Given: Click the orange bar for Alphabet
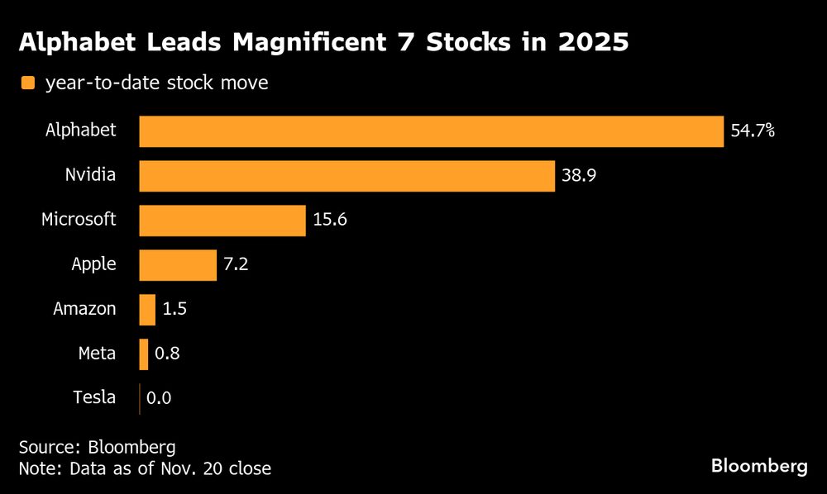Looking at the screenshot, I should [x=431, y=131].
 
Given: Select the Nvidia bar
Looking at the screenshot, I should [x=347, y=176].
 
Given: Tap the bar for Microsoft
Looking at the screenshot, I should [x=222, y=221].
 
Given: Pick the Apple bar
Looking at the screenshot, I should [x=177, y=265].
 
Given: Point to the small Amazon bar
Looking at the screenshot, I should [x=147, y=310].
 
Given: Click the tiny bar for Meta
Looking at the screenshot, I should [x=144, y=354].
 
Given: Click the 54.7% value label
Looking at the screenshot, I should [x=753, y=131].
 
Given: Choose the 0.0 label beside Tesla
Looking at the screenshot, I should [x=159, y=399].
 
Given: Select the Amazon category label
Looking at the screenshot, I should [x=84, y=310].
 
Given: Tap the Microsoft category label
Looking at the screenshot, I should [x=79, y=221].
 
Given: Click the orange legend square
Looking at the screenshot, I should [x=28, y=83].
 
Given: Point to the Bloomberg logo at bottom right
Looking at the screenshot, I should [x=759, y=467].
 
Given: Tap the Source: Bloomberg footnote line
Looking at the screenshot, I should [x=97, y=448].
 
